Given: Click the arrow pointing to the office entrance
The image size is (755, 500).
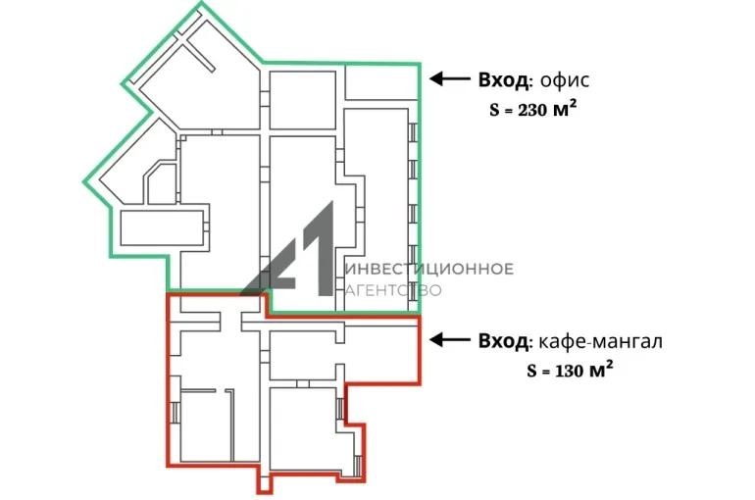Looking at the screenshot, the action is (450, 78).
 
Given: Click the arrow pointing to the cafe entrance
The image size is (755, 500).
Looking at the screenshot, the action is (450, 340).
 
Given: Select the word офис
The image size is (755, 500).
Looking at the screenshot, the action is (565, 79).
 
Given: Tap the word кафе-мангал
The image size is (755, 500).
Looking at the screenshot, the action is (600, 341).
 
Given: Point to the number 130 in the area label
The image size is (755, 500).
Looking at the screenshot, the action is (570, 371).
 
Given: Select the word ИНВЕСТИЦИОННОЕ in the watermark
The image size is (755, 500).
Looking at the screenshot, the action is (429, 269).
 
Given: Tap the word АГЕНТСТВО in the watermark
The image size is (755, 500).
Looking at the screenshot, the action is (393, 290).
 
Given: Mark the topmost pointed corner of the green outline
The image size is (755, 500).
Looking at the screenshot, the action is (201, 2).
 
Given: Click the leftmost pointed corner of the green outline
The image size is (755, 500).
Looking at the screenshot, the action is (83, 182).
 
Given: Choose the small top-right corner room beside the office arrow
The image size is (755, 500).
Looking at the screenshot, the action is (381, 82).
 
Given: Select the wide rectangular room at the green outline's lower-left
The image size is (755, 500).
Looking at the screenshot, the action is (162, 227).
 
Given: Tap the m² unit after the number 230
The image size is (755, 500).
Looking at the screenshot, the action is (565, 109).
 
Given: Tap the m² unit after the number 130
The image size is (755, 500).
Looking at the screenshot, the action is (601, 370).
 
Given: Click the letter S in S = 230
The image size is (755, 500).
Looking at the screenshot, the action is (494, 110).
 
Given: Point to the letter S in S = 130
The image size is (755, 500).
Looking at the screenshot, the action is (532, 371).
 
